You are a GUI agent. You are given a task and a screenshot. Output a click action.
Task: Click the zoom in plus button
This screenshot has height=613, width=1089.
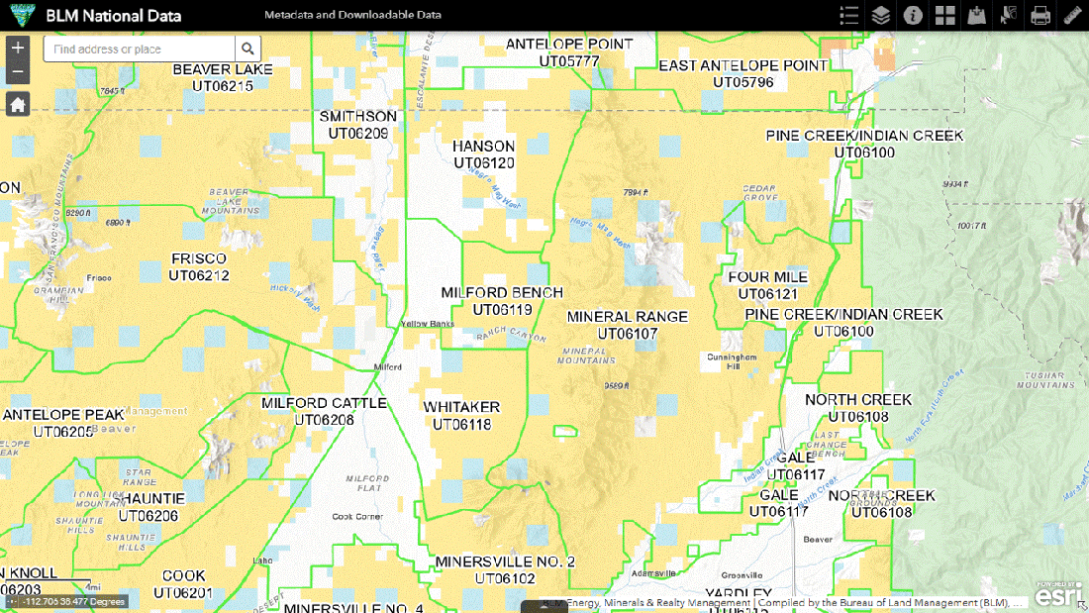[18, 48]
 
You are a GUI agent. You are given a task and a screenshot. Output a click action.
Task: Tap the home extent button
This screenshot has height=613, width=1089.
[18, 104]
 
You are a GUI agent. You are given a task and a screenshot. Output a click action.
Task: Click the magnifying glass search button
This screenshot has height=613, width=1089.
[247, 49]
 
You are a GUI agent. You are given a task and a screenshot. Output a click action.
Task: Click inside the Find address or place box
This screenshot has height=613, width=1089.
[139, 49]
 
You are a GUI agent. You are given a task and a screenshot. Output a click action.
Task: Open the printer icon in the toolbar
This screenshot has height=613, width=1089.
[1039, 15]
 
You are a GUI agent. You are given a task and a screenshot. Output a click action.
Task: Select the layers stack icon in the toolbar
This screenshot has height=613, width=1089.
[880, 15]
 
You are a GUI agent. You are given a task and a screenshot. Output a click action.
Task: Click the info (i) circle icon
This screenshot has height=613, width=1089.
[913, 15]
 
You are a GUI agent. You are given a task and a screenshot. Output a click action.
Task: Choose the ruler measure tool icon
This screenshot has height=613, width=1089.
[1072, 15]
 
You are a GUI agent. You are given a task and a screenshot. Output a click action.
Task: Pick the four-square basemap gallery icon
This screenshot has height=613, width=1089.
[944, 15]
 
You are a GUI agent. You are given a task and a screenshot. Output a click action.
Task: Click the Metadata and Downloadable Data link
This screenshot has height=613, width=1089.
[352, 15]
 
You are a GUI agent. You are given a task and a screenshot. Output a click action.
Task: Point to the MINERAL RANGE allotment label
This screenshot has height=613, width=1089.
[627, 317]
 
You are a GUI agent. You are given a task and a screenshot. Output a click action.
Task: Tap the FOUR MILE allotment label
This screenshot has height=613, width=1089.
[767, 277]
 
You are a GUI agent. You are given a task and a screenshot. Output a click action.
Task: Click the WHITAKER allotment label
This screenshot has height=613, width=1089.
[461, 407]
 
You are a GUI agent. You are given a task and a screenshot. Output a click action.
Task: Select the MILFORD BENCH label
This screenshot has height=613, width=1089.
[502, 293]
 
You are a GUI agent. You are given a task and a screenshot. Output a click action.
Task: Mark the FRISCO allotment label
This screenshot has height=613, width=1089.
[199, 259]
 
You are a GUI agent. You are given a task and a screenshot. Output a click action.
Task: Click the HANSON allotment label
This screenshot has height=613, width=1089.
[483, 147]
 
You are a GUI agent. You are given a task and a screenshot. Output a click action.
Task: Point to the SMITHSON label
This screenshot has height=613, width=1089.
[357, 116]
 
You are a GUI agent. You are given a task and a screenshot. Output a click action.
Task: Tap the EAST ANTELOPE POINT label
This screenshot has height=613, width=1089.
[742, 65]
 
